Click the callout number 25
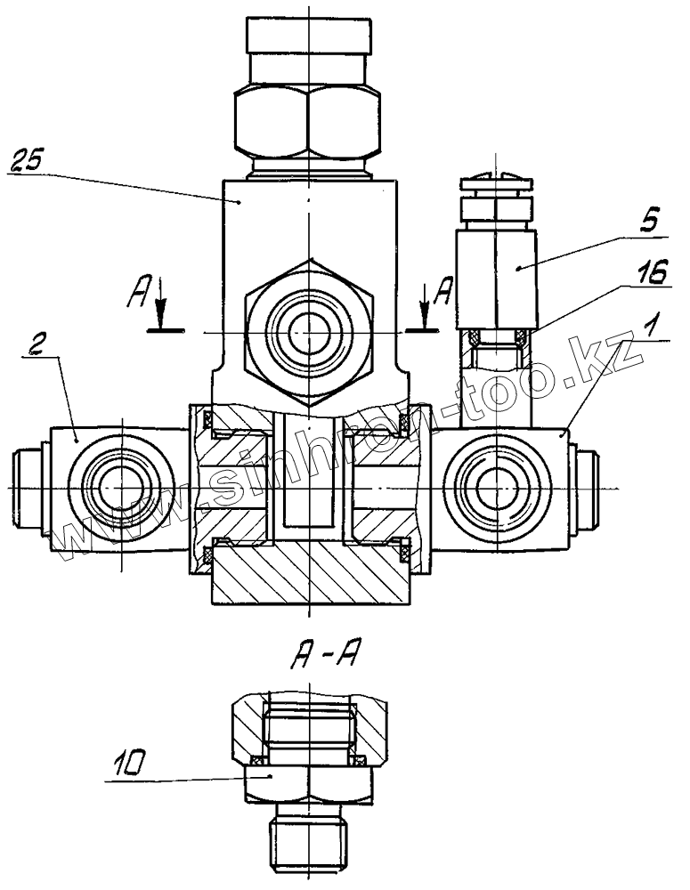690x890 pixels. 26,161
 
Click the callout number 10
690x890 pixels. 128,765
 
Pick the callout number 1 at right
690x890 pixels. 652,326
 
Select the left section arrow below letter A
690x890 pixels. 161,306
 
